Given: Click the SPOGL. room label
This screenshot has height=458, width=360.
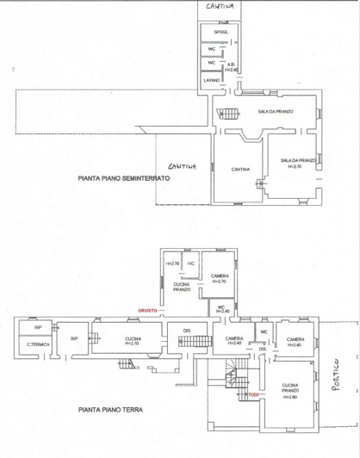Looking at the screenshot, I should tap(220, 33).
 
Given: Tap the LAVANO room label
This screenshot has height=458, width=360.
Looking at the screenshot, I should tap(212, 80).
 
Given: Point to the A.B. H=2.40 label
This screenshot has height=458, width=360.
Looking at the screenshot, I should tap(232, 66).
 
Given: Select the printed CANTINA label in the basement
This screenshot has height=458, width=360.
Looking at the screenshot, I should tap(239, 169).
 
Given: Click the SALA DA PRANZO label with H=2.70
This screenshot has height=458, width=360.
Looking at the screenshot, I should tap(297, 164).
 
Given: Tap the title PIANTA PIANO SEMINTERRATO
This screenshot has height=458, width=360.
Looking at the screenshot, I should tap(124, 179).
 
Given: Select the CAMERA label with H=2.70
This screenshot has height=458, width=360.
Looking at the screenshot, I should tap(219, 278).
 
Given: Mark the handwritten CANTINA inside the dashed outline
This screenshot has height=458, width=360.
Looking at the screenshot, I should tap(182, 166).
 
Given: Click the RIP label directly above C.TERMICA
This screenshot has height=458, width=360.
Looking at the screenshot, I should tap(37, 328).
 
